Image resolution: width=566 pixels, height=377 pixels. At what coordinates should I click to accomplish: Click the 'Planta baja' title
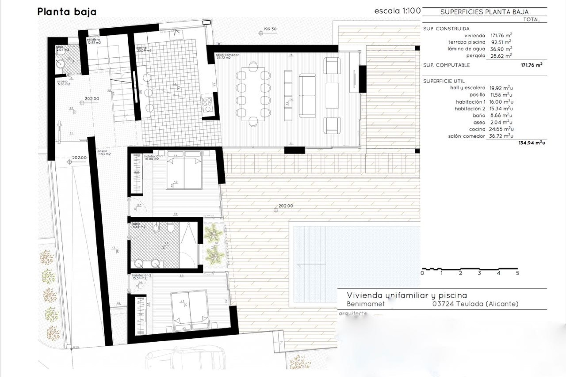click(x=67, y=12)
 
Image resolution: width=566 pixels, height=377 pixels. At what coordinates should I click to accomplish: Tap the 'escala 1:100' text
click(x=397, y=11)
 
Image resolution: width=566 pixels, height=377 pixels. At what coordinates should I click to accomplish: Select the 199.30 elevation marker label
click(x=270, y=29)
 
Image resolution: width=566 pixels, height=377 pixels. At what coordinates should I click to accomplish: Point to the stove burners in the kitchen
click(x=208, y=105)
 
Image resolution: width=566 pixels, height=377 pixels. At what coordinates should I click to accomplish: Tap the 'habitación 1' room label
click(x=153, y=156)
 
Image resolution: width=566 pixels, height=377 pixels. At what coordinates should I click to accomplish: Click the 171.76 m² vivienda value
click(x=501, y=36)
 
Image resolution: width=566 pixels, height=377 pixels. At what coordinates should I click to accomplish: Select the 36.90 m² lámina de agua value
click(x=501, y=49)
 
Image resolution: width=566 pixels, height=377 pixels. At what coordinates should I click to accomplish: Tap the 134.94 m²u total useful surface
click(x=532, y=143)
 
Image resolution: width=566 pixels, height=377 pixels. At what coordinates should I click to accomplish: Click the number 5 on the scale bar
click(x=517, y=273)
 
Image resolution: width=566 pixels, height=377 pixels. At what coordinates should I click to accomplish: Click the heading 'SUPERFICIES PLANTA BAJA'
click(x=484, y=12)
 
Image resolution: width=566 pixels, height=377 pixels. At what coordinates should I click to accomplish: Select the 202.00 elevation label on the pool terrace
click(x=285, y=206)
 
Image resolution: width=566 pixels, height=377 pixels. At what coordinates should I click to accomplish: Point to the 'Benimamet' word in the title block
click(x=366, y=304)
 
